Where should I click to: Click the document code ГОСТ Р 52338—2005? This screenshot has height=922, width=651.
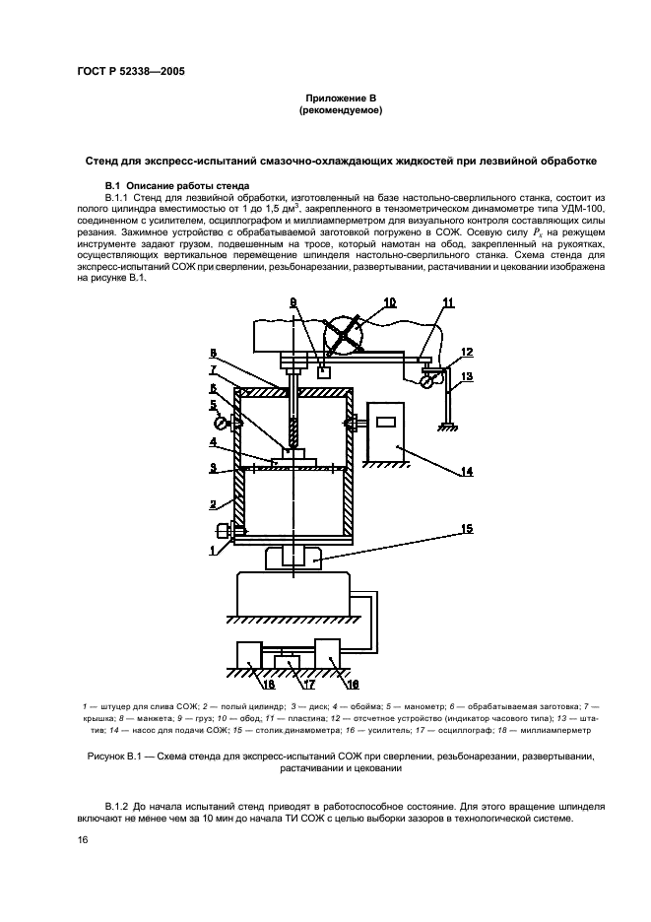pyautogui.click(x=131, y=70)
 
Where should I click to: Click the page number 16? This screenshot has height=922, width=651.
pyautogui.click(x=84, y=839)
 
